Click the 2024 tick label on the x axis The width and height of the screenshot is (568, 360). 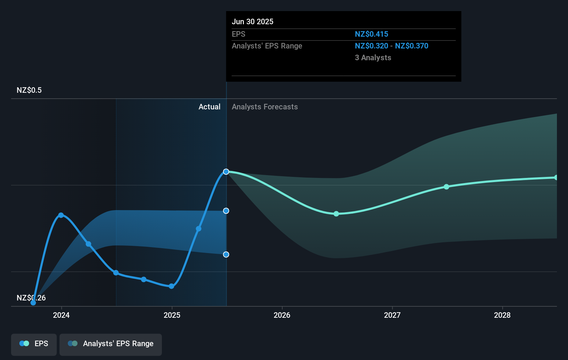pyautogui.click(x=61, y=315)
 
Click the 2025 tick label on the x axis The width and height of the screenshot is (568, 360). pyautogui.click(x=172, y=315)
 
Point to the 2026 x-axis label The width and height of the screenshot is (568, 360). pyautogui.click(x=282, y=315)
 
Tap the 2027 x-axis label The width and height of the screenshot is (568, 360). pyautogui.click(x=392, y=315)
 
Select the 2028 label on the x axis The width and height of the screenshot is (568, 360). pyautogui.click(x=502, y=315)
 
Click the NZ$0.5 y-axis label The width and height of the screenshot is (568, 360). pyautogui.click(x=29, y=90)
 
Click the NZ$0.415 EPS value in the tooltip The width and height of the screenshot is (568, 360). pyautogui.click(x=372, y=34)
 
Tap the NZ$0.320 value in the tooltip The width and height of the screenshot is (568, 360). pyautogui.click(x=372, y=46)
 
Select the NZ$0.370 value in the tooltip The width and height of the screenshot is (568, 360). pyautogui.click(x=412, y=46)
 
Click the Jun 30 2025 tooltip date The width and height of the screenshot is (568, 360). pyautogui.click(x=253, y=22)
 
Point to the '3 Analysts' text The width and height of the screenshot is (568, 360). pyautogui.click(x=373, y=58)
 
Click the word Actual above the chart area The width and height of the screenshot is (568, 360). pyautogui.click(x=209, y=107)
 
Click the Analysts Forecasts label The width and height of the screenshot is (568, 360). pyautogui.click(x=265, y=107)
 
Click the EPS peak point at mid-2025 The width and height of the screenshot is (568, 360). pyautogui.click(x=226, y=172)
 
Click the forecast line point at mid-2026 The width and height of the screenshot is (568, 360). pyautogui.click(x=336, y=214)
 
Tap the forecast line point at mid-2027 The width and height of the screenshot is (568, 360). pyautogui.click(x=447, y=187)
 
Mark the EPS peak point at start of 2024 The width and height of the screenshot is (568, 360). pyautogui.click(x=61, y=215)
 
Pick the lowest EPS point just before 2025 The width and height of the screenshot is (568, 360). pyautogui.click(x=171, y=286)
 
